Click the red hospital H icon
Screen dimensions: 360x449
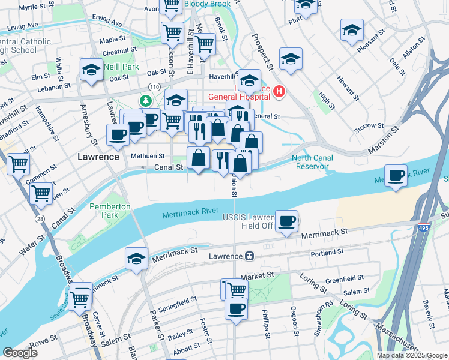coord(279,92)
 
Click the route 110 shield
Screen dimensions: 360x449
coord(154,87)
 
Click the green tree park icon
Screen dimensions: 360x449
coord(145,100)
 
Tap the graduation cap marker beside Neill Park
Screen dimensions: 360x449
coord(91,71)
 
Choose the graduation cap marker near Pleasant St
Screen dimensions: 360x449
coord(352,29)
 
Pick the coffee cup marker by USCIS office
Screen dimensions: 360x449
coord(287,221)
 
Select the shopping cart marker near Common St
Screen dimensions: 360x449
coord(41,193)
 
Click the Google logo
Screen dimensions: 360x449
coord(20,353)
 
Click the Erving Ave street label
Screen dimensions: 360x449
coord(23,27)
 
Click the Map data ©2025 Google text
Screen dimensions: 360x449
coord(411,355)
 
